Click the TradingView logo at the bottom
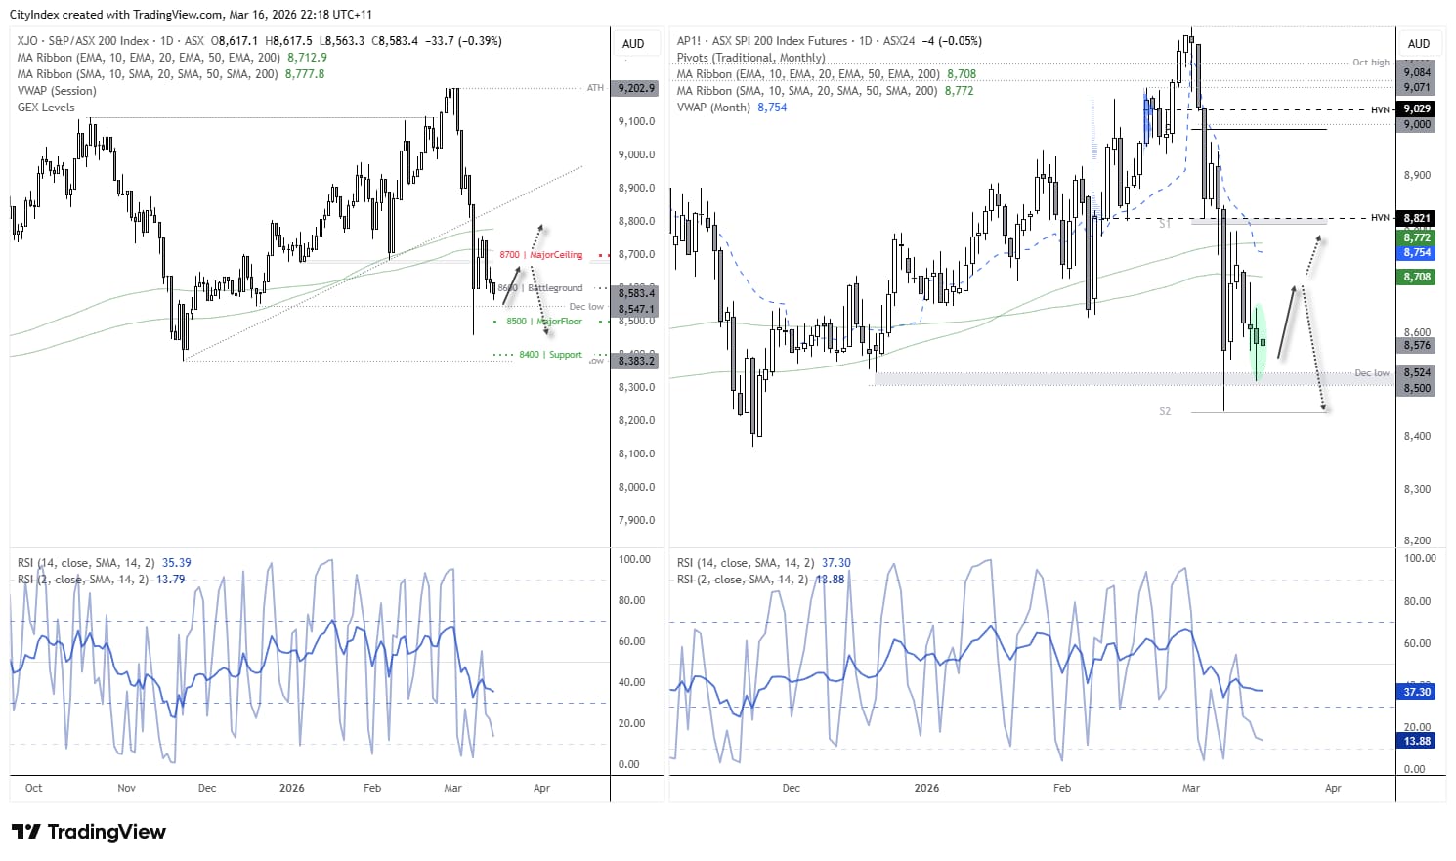(89, 832)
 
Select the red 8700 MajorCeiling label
(541, 255)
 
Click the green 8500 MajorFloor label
(544, 322)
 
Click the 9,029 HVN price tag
(1417, 108)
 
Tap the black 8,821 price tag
(1417, 218)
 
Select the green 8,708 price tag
(1417, 278)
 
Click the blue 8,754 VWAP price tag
(1417, 252)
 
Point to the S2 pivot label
(1164, 411)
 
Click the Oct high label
(1370, 63)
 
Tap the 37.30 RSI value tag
(1417, 692)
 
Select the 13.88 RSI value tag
(1417, 741)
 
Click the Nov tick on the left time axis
(126, 788)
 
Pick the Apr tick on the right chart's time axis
(1333, 788)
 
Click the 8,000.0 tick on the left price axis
(636, 487)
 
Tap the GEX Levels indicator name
(46, 108)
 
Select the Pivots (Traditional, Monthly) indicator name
(750, 58)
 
